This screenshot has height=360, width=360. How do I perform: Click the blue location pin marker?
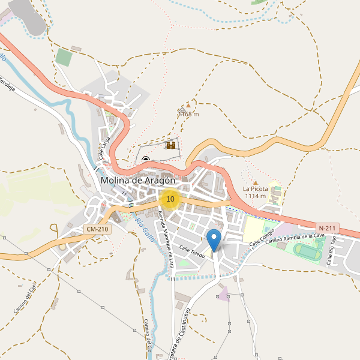click(x=214, y=240)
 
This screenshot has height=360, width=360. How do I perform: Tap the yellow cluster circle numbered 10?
click(x=170, y=199)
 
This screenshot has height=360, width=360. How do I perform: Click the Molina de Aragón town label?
click(x=138, y=180)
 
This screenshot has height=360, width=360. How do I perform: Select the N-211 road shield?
click(x=328, y=228)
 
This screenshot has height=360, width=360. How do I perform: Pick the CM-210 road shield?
click(x=97, y=229)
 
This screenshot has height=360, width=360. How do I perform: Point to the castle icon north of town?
click(x=171, y=145)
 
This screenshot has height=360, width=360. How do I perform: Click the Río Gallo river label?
click(x=145, y=230)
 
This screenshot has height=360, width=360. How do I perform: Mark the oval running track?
click(x=307, y=253)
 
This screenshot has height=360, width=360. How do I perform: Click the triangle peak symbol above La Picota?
click(x=255, y=182)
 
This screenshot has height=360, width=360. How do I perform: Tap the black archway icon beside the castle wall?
click(x=146, y=160)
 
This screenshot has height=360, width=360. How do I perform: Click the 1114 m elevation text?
click(x=255, y=196)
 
